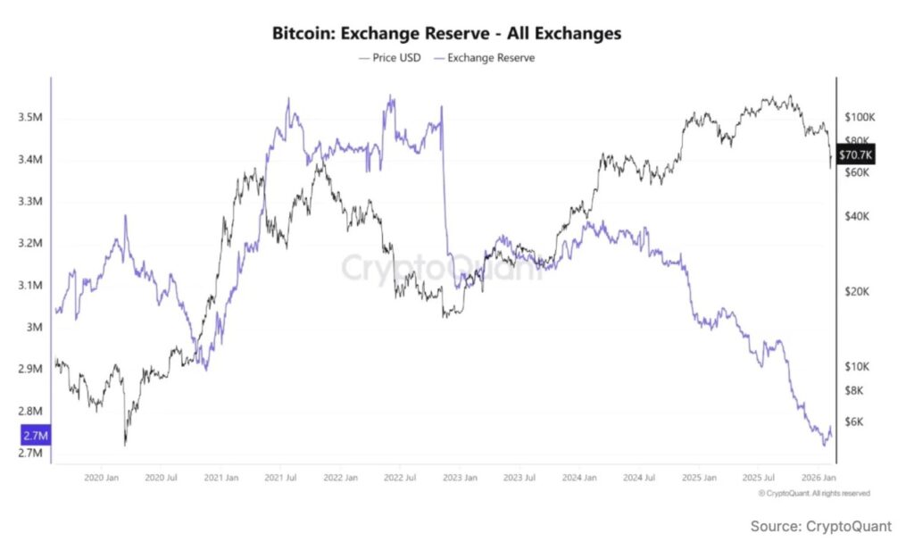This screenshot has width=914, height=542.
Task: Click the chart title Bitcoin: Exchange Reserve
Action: coord(446,34)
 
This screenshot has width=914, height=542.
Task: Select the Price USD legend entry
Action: coord(389,58)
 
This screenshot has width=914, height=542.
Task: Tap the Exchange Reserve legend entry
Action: coord(484,58)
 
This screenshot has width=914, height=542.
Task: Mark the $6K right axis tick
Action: coord(854,421)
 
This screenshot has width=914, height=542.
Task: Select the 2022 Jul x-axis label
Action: coord(400,478)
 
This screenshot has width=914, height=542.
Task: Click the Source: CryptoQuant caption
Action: coord(821,526)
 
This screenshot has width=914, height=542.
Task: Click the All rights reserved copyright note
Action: coord(813,493)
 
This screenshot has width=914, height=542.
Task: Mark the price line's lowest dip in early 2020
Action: coord(125,444)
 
